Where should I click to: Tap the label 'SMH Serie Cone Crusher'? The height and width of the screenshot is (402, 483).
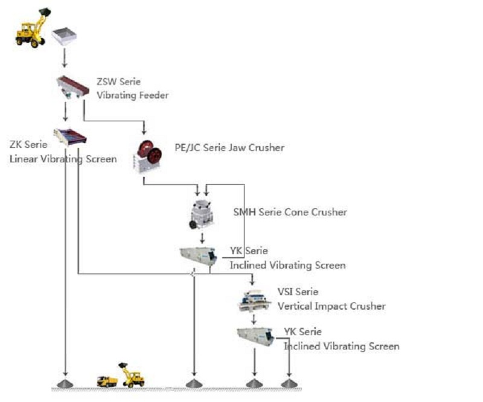point(290,212)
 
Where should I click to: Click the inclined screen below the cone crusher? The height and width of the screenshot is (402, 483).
point(199,255)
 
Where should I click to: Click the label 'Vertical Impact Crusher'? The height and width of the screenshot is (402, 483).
point(331,306)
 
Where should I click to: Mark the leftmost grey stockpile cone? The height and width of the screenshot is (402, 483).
point(64,383)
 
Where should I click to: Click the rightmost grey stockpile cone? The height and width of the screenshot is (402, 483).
point(290,383)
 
